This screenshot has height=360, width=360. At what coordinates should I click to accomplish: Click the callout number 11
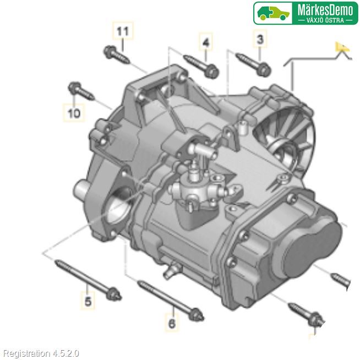pos(123,31)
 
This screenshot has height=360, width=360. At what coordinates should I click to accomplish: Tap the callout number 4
pos(206,42)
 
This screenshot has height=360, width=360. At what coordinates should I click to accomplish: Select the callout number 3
pos(260,39)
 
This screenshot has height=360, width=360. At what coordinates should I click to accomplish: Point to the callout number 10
pos(74,113)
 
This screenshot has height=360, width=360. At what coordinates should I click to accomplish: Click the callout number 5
pos(88,301)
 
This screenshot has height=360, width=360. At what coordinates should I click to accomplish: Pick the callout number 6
pos(172,324)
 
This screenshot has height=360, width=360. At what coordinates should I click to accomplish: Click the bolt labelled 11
pos(116,55)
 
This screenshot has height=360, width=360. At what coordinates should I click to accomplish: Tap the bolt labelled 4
pos(201,66)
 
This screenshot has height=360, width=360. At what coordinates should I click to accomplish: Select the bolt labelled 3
pos(253,64)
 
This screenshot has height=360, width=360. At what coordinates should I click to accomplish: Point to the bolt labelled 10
pos(81,91)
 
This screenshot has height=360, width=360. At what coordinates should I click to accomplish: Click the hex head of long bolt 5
pos(114,294)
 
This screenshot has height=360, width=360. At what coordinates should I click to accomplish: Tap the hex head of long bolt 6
pos(197,315)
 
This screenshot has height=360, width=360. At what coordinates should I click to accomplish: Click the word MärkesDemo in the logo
pos(325,10)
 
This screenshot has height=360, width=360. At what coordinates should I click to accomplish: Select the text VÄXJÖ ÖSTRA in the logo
pos(325,20)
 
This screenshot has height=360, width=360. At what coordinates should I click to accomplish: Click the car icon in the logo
pos(273,13)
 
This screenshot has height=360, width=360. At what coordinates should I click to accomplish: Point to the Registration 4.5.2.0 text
pos(41,353)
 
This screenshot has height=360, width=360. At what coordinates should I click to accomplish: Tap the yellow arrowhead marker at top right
pos(341,47)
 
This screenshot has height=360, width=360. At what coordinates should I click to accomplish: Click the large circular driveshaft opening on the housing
pos(120,206)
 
